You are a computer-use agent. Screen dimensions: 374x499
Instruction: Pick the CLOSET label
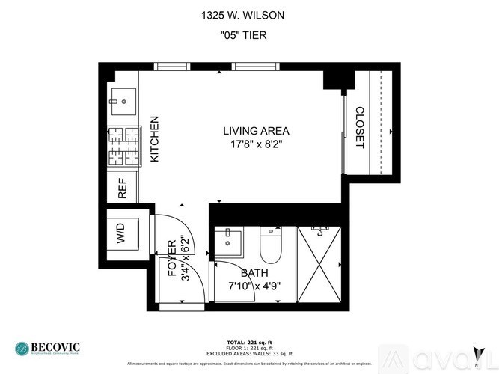pyautogui.click(x=359, y=128)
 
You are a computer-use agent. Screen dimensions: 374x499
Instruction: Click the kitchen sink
pyautogui.click(x=122, y=99)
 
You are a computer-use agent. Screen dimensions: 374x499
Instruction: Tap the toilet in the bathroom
pyautogui.click(x=269, y=244)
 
